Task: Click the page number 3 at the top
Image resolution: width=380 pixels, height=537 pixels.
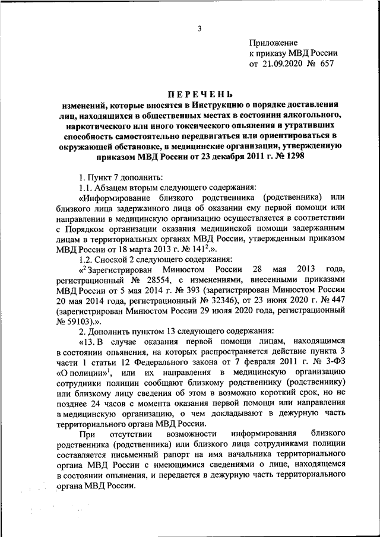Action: (200, 28)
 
